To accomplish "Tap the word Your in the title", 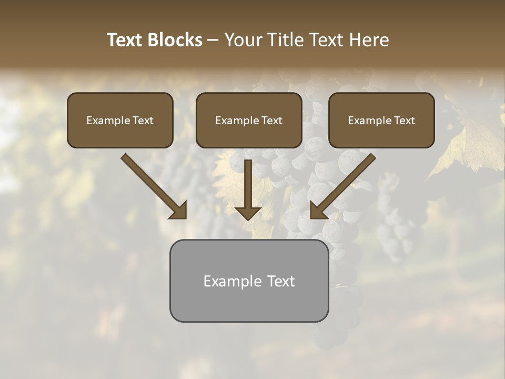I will tap(243, 40).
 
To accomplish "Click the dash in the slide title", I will tap(214, 41).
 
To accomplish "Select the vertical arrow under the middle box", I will tap(248, 184).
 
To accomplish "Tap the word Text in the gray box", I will tap(281, 281).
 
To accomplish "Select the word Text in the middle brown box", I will tap(272, 121).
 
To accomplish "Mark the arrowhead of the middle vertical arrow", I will tap(248, 213).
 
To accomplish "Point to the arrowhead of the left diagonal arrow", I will tap(179, 211).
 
